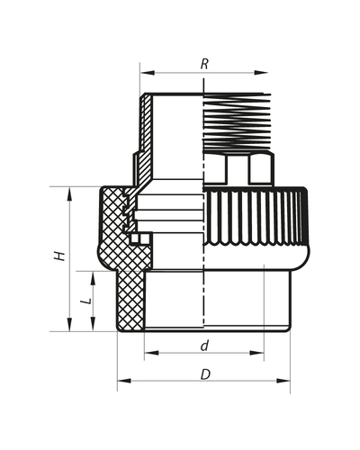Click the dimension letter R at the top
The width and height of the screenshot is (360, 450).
205,64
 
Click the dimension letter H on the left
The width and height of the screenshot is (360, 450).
59,256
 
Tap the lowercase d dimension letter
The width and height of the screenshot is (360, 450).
204,345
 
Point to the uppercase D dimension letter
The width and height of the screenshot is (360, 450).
204,373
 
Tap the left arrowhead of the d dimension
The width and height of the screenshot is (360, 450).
148,354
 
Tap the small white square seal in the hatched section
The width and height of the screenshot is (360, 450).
134,238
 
